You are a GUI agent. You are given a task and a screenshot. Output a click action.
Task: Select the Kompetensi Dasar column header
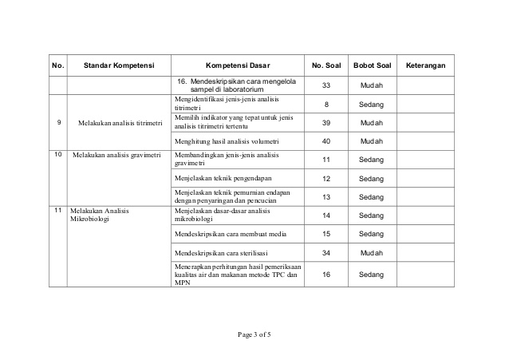pos(238,64)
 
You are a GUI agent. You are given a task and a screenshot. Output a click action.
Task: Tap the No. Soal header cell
pos(326,64)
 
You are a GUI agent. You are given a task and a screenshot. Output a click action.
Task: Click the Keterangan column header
pos(425,64)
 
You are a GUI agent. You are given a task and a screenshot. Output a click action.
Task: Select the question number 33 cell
pos(326,85)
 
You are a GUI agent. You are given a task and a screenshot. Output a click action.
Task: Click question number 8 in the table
pos(326,104)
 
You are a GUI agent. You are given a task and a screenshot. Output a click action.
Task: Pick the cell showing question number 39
pos(326,122)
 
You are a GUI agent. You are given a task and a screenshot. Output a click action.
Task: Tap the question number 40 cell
pos(326,140)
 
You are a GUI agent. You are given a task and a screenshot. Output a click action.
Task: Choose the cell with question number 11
pos(326,160)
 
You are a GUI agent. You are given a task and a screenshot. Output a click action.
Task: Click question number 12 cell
pos(326,178)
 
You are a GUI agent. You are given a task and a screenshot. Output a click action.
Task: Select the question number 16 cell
pos(326,274)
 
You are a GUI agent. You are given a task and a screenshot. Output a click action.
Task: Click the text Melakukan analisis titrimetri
pos(120,123)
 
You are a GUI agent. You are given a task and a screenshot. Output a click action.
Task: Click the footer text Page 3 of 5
pos(254,334)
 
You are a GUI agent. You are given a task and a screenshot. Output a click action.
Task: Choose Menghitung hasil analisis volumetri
pos(227,140)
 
